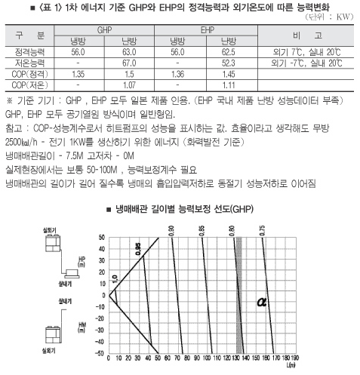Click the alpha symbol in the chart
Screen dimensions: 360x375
pos(263,302)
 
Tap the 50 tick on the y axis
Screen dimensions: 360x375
pos(100,238)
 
